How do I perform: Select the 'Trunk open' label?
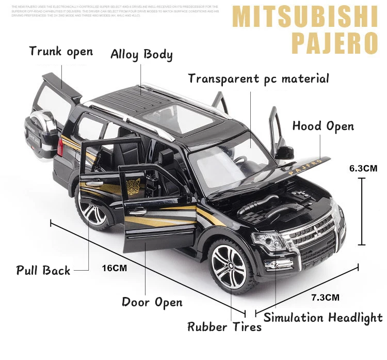point(61,51)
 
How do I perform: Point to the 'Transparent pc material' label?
point(258,79)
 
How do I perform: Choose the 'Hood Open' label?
point(323,126)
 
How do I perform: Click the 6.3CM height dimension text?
point(363,168)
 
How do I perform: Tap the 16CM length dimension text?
point(114,268)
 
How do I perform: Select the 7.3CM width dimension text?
point(325,297)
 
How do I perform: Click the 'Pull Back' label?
point(43,270)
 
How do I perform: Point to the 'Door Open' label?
point(152,302)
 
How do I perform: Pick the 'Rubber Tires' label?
point(224,326)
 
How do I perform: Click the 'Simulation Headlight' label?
point(323,318)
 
